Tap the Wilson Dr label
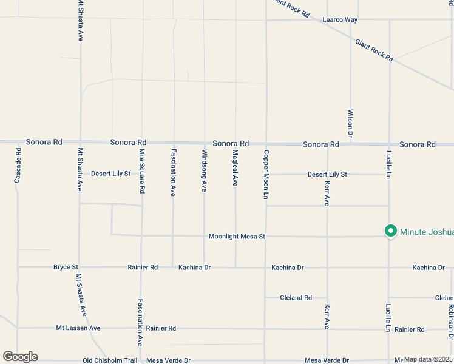pyautogui.click(x=350, y=124)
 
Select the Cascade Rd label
pyautogui.click(x=18, y=167)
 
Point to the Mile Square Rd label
pyautogui.click(x=142, y=171)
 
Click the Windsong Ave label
pyautogui.click(x=205, y=171)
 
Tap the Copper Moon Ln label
pyautogui.click(x=266, y=174)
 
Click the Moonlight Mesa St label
pyautogui.click(x=237, y=236)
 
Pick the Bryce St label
pyautogui.click(x=66, y=267)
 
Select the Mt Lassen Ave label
pyautogui.click(x=78, y=328)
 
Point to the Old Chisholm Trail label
pyautogui.click(x=110, y=360)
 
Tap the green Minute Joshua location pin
pyautogui.click(x=391, y=231)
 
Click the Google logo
pyautogui.click(x=20, y=357)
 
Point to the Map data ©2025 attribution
pyautogui.click(x=427, y=359)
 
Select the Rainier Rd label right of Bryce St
pyautogui.click(x=143, y=267)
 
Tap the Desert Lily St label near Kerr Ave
pyautogui.click(x=327, y=174)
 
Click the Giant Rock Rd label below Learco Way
pyautogui.click(x=374, y=50)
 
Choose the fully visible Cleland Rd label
pyautogui.click(x=296, y=298)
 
